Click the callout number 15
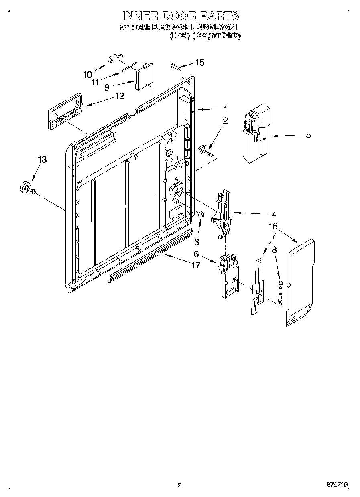tap(199, 62)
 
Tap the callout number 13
tap(42, 160)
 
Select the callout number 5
tap(308, 135)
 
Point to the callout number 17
tap(195, 266)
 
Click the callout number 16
tap(273, 227)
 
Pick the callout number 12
tap(119, 96)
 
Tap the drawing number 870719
tap(336, 485)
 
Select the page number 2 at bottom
tap(179, 485)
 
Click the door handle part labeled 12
tap(65, 112)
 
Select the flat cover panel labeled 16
tap(301, 281)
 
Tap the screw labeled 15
tap(174, 66)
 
